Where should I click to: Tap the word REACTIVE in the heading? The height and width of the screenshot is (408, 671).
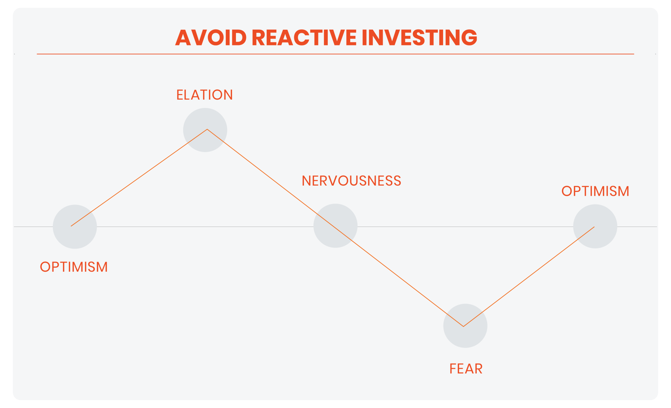[304, 37]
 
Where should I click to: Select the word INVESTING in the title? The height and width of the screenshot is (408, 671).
[419, 37]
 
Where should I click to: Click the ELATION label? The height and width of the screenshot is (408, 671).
[204, 95]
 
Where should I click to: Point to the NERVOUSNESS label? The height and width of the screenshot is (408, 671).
[351, 181]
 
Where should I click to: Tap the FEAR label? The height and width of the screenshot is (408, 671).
[466, 369]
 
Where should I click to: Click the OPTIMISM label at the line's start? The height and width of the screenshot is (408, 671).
[74, 267]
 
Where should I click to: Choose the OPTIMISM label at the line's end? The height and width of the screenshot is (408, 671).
[595, 191]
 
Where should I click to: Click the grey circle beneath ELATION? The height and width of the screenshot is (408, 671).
[205, 130]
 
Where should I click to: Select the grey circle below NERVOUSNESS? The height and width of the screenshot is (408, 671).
[335, 226]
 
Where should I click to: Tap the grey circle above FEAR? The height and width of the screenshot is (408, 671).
[465, 326]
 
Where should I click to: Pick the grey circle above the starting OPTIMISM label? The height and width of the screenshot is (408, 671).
[75, 227]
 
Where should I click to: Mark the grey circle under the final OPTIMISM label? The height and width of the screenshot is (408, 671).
[595, 227]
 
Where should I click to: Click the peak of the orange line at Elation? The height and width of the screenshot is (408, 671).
[207, 129]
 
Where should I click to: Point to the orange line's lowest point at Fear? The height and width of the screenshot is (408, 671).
[463, 326]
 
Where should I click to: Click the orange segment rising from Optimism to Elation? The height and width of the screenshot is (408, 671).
[139, 178]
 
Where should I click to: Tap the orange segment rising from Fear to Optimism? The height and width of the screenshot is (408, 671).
[529, 277]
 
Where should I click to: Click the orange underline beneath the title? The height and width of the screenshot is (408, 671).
[335, 54]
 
